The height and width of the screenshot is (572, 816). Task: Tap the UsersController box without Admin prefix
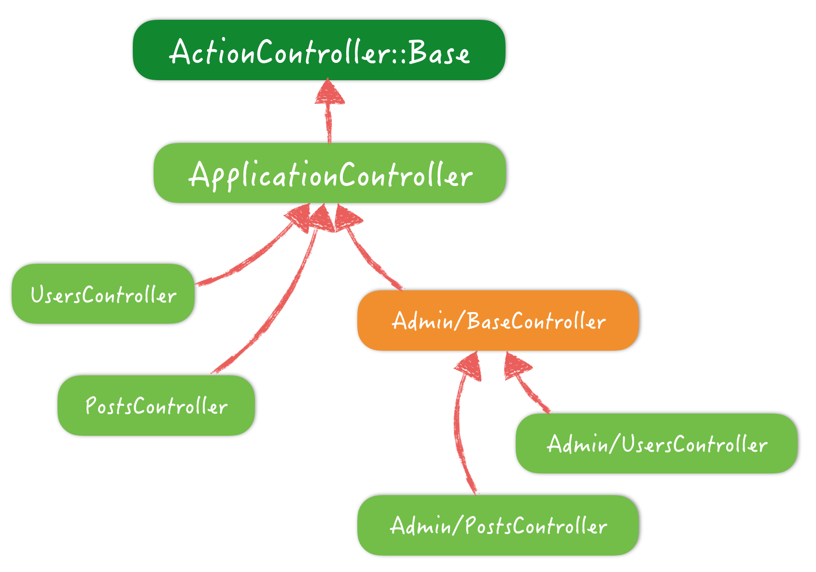tap(103, 294)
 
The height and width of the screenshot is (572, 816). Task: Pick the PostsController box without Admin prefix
tap(156, 406)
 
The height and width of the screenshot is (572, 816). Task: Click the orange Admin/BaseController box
tap(498, 321)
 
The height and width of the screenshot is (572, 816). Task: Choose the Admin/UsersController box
tap(656, 443)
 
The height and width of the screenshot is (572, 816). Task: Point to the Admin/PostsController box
tap(498, 525)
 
